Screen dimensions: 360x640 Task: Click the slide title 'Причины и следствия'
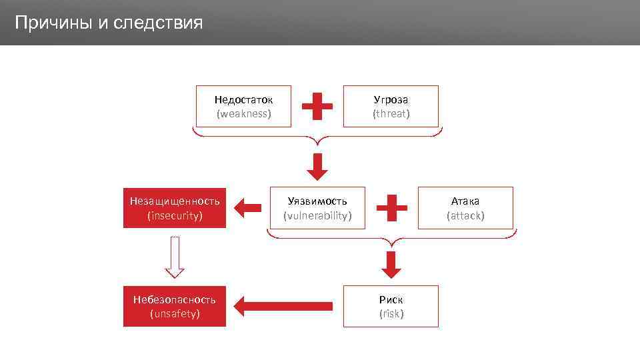pos(108,23)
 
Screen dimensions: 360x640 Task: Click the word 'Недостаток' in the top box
pos(244,99)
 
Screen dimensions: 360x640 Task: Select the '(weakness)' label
pos(244,114)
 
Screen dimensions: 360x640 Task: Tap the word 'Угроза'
pos(391,99)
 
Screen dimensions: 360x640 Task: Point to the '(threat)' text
pos(391,114)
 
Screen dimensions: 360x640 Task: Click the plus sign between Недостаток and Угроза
pos(317,106)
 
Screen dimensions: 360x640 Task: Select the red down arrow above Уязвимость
pos(317,166)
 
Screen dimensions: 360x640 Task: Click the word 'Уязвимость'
pos(317,201)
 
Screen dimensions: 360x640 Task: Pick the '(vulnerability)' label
pos(317,216)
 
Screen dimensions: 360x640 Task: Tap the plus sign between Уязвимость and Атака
pos(392,207)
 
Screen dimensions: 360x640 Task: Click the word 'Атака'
pos(465,201)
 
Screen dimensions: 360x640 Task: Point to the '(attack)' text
pos(465,216)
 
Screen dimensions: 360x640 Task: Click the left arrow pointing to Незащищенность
pos(249,208)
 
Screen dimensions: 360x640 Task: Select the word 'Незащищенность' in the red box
pos(175,201)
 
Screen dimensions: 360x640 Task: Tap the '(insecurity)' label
pos(175,216)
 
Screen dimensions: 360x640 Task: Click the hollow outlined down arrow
pos(175,257)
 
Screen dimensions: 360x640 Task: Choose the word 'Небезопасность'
pos(175,299)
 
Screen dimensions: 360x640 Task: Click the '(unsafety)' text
pos(175,313)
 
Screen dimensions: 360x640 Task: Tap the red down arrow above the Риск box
pos(391,264)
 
